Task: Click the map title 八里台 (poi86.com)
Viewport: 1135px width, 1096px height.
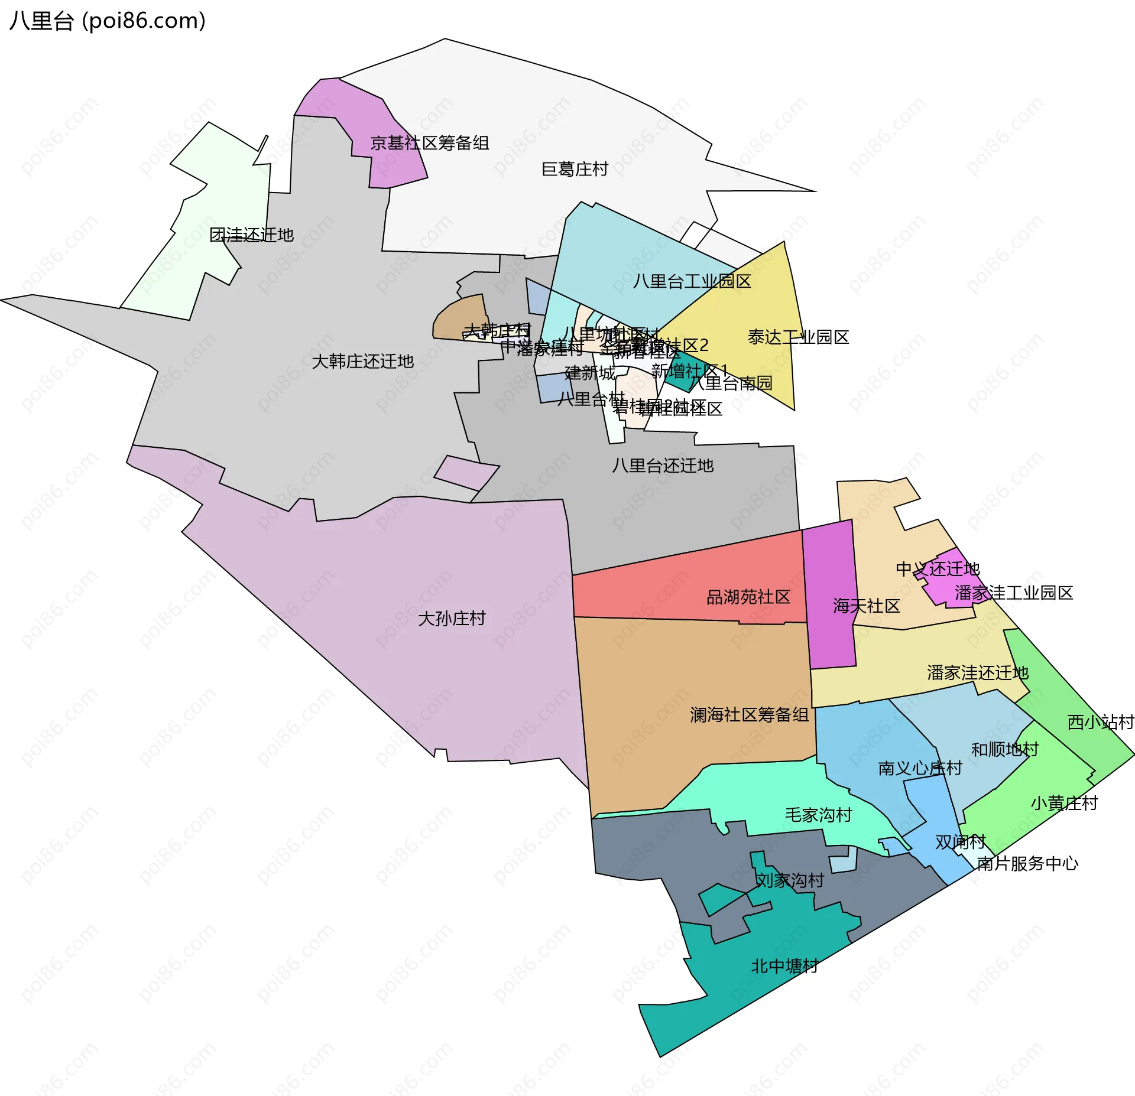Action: point(108,21)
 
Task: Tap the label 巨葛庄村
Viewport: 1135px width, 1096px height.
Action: point(575,170)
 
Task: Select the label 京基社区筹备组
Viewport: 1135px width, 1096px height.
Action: point(430,143)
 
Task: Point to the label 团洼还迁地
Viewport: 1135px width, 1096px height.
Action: point(252,235)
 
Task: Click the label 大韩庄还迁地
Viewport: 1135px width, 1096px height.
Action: point(362,362)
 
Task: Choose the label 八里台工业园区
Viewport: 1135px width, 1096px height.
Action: point(692,281)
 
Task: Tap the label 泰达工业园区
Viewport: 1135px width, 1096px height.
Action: point(798,337)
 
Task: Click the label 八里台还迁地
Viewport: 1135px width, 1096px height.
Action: point(663,466)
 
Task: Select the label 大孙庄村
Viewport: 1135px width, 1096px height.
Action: point(452,619)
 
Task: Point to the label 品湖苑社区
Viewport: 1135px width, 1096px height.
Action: point(748,597)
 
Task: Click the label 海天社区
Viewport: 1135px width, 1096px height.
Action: point(866,606)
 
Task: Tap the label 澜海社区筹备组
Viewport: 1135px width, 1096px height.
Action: point(749,715)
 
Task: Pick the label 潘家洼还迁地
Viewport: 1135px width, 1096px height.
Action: point(978,673)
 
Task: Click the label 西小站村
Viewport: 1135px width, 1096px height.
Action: point(1100,722)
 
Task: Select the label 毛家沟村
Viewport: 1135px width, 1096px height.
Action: point(818,815)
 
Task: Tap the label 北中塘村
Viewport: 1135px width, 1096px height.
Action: point(784,966)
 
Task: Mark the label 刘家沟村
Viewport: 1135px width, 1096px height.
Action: point(790,880)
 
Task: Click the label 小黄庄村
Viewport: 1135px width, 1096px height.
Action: point(1064,804)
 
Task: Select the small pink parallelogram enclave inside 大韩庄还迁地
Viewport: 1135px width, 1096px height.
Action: point(466,473)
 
